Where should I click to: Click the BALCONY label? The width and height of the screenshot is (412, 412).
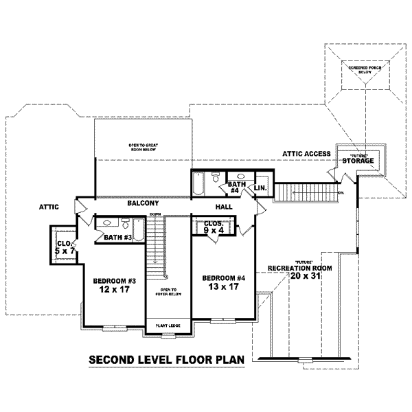tap(143, 204)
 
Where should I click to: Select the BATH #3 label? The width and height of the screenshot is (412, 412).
tap(117, 238)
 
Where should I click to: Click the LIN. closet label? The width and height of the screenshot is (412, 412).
tap(260, 187)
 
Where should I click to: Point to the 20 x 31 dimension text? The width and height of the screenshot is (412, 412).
tap(306, 276)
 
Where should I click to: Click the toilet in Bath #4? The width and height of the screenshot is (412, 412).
tap(216, 175)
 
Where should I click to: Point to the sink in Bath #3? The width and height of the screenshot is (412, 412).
tap(108, 222)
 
